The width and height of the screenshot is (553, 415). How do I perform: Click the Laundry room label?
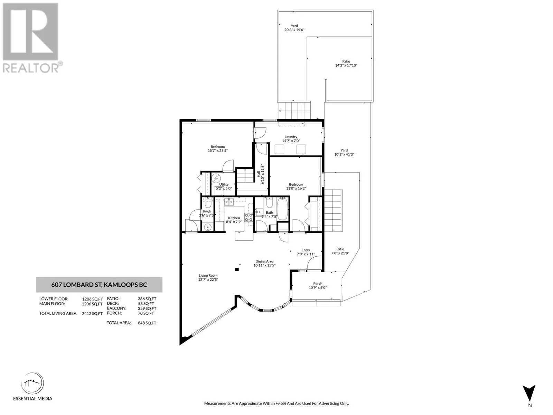[x=291, y=137]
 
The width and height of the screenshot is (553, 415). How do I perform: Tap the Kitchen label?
[x=234, y=218]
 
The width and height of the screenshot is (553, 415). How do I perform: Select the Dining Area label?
[x=264, y=261]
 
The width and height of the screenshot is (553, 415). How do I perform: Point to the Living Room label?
[x=208, y=276]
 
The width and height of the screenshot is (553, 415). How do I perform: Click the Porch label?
[x=318, y=284]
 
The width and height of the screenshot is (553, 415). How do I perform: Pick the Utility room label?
[x=224, y=184]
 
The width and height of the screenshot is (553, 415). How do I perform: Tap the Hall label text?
[x=259, y=174]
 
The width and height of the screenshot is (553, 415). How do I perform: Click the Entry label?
[x=306, y=250]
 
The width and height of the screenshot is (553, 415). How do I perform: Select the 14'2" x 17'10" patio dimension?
[x=346, y=65]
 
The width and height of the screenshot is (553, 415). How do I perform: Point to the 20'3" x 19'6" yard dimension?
[x=294, y=30]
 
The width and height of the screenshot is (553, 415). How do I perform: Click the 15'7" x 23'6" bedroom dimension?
[x=218, y=151]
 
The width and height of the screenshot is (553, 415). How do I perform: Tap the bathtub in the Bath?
[x=282, y=209]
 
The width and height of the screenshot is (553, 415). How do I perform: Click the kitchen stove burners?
[x=249, y=218]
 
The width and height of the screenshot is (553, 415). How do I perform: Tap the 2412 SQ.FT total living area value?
[x=92, y=314]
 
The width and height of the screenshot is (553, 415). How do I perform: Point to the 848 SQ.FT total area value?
[x=147, y=323]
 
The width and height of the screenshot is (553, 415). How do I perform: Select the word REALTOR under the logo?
[x=31, y=68]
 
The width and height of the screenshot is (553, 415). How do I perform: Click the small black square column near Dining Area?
[x=237, y=269]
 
